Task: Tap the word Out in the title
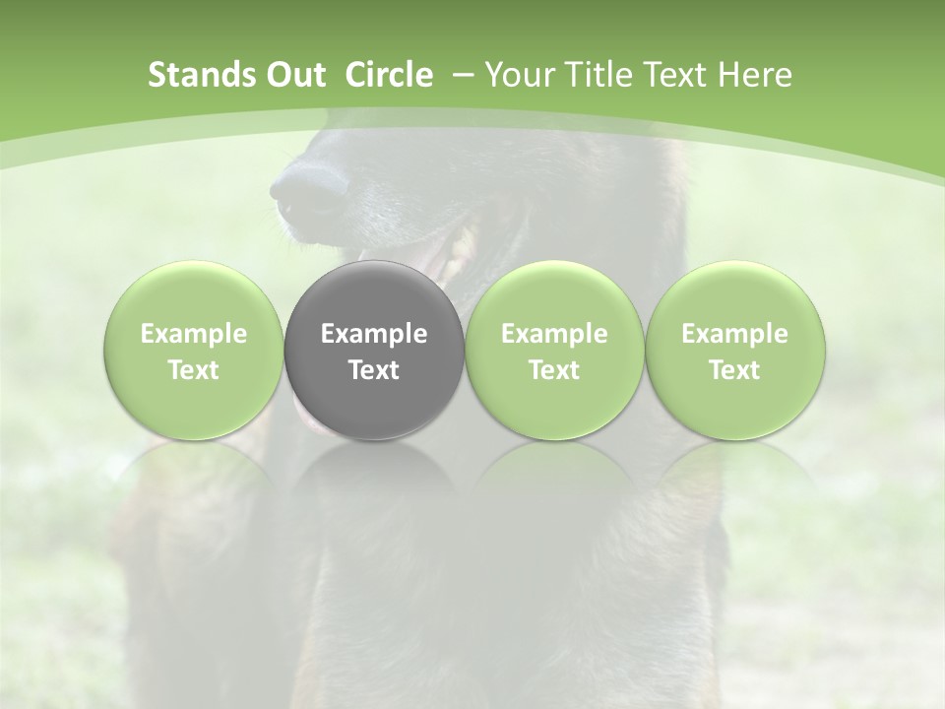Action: [x=293, y=75]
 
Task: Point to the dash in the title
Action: [x=464, y=75]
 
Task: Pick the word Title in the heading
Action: [x=598, y=75]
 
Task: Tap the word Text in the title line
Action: [x=677, y=75]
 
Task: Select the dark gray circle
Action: [x=373, y=351]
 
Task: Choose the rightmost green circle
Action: [x=734, y=351]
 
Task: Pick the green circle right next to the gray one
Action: [x=554, y=351]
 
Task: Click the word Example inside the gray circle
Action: [x=373, y=334]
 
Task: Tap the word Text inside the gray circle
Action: [x=373, y=370]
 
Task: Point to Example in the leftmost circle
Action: [x=193, y=334]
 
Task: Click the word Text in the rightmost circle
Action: [x=734, y=370]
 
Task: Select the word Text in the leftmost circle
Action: [x=193, y=370]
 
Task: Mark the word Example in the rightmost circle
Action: [x=734, y=334]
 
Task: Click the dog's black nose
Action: [x=307, y=187]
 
